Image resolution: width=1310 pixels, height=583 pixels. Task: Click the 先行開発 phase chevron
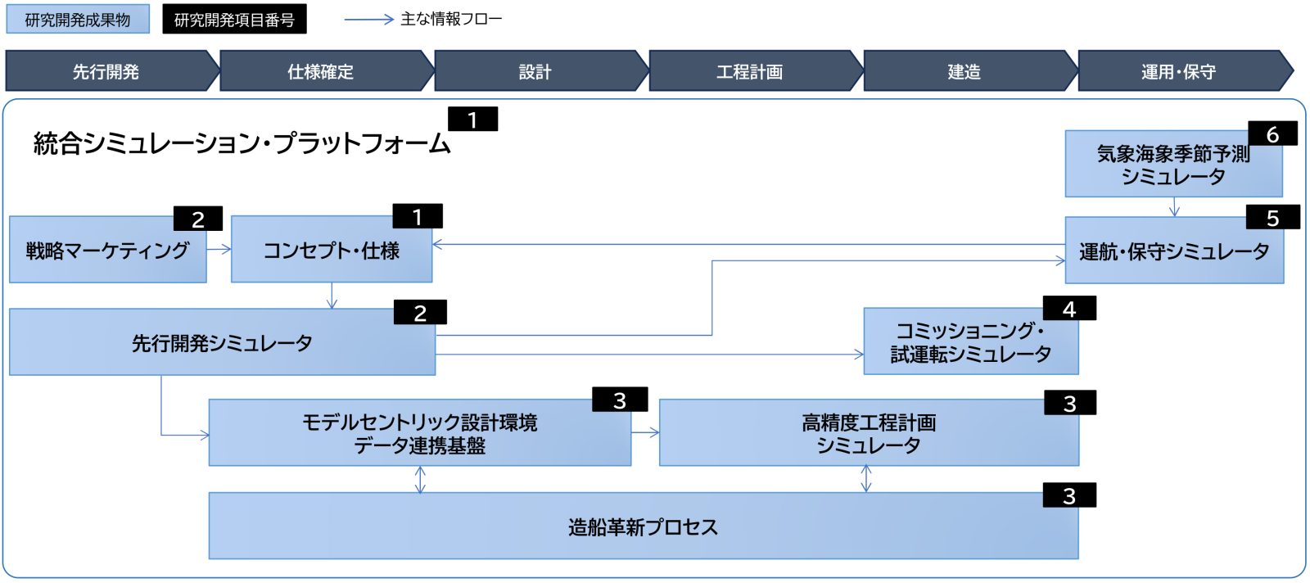tap(106, 71)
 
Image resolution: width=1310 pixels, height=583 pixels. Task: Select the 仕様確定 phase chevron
tap(321, 71)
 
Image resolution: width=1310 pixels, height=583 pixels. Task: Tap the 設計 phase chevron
tap(535, 71)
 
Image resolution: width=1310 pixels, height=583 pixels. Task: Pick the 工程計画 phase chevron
tap(750, 71)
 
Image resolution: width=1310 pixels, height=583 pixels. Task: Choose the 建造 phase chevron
tap(964, 71)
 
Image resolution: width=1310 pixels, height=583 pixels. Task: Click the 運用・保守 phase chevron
tap(1179, 71)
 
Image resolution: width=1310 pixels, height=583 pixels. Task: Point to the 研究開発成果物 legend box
tap(78, 20)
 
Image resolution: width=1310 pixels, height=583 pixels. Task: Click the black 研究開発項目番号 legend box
tap(234, 20)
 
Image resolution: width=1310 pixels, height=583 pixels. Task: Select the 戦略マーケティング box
tap(107, 251)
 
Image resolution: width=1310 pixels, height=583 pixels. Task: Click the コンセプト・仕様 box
tap(331, 251)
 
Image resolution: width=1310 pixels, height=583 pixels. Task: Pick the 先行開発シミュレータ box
tap(222, 343)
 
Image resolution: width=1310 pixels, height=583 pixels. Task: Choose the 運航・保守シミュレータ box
tap(1173, 252)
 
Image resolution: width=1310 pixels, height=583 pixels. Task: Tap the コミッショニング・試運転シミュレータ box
tap(970, 342)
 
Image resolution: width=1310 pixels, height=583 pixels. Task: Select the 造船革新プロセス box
tap(643, 527)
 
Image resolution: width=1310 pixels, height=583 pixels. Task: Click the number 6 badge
tap(1272, 134)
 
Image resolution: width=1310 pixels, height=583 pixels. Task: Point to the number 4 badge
tap(1068, 309)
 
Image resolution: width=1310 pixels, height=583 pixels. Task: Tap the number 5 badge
tap(1272, 218)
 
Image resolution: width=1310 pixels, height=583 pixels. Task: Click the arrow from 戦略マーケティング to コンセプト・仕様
tap(219, 249)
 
